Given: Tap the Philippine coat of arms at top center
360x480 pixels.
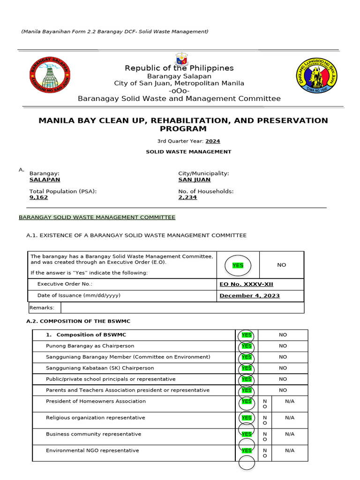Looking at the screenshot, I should click(182, 60).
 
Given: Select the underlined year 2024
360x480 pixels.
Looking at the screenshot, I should click(212, 141).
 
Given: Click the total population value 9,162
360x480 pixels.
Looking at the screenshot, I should click(38, 197).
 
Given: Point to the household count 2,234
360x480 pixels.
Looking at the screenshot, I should click(187, 197).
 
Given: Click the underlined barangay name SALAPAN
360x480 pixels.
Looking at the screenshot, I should click(45, 180).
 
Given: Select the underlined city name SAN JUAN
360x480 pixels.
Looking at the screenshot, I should click(194, 180).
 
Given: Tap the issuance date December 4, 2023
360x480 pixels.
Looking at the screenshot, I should click(249, 296).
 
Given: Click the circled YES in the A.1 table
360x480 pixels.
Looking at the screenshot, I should click(238, 265).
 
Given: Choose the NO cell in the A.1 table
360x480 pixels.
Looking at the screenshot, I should click(281, 265).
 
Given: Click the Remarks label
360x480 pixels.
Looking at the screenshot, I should click(42, 307).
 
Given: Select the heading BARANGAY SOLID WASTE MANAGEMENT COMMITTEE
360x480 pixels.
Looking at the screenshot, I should click(97, 217).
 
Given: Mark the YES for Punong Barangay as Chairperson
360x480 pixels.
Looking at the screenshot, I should click(247, 346).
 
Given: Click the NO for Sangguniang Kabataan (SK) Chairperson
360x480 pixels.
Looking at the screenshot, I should click(283, 368).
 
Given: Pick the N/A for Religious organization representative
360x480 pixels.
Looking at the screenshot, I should click(290, 418).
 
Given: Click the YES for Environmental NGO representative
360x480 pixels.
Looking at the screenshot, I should click(247, 450).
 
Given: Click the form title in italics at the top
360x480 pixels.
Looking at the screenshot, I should click(115, 31).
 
